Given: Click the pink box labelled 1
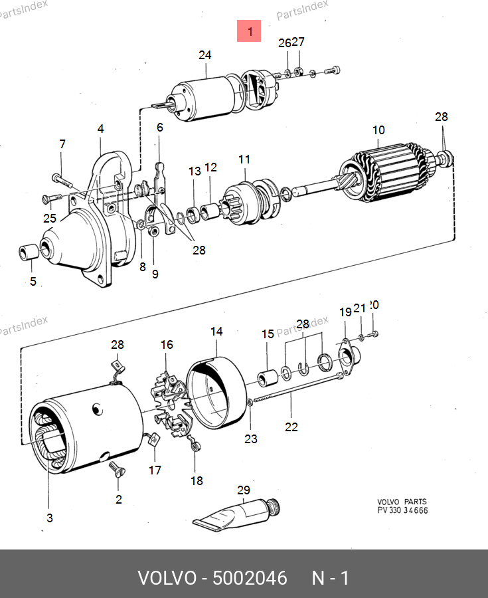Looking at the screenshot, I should click(x=250, y=31).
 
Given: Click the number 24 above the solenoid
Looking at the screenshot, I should click(x=204, y=56).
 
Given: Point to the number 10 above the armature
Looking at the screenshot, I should click(x=378, y=130).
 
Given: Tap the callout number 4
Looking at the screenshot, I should click(x=101, y=129).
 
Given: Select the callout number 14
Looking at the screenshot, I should click(x=217, y=332).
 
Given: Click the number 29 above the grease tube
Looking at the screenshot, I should click(x=244, y=490).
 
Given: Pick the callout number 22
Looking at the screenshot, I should click(x=291, y=427).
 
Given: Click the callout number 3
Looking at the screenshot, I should click(x=50, y=518).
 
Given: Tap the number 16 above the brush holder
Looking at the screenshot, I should click(x=167, y=345).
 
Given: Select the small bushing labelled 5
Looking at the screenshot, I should click(x=28, y=252).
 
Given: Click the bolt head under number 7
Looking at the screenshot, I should click(x=56, y=177).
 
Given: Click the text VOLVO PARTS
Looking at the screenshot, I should click(x=402, y=502).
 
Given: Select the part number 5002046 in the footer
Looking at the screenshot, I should click(x=250, y=578).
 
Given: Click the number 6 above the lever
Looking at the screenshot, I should click(x=159, y=128).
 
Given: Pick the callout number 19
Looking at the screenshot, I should click(x=345, y=312).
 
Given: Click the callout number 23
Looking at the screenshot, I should click(x=250, y=439).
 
